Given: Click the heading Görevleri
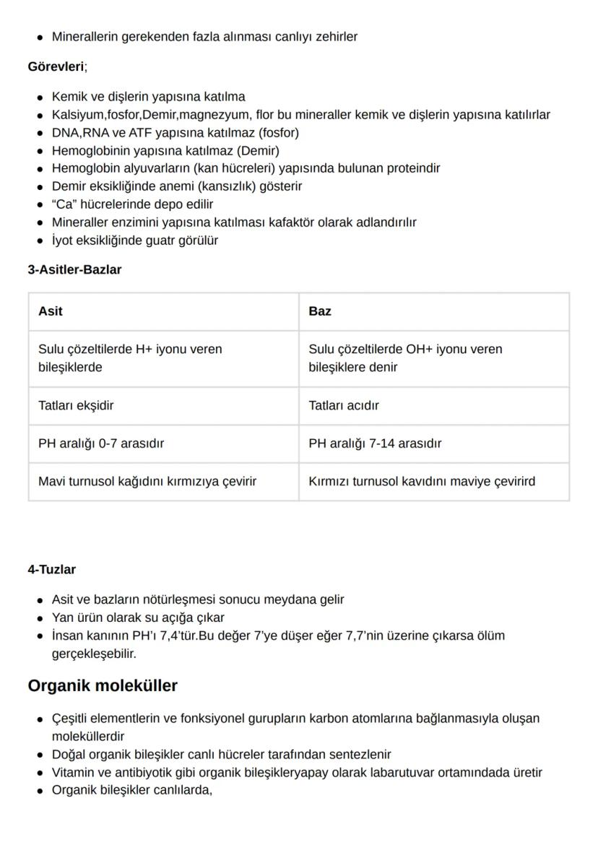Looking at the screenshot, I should [x=56, y=66].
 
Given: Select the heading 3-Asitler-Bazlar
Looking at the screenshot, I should [x=74, y=269].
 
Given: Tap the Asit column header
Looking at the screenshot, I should [x=51, y=311].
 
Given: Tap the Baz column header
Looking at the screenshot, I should [x=320, y=311].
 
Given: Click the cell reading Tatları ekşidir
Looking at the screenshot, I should [x=76, y=406].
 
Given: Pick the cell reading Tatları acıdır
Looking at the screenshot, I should [x=344, y=406].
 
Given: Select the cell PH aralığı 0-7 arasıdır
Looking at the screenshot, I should [x=101, y=443].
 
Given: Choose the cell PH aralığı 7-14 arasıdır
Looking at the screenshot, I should [x=375, y=443].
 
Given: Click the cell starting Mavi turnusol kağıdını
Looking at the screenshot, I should [x=147, y=481].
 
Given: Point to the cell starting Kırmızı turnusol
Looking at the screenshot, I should [x=422, y=481].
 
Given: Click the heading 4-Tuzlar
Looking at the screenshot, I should [x=51, y=570].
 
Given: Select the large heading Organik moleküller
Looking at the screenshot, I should [x=103, y=685].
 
